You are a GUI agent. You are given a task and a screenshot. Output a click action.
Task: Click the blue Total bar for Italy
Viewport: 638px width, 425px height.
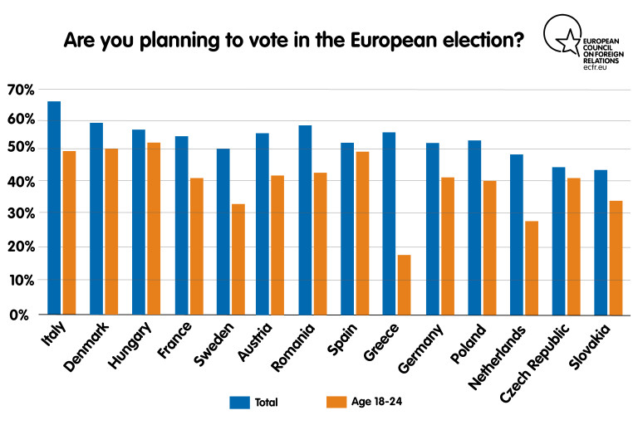tap(54, 208)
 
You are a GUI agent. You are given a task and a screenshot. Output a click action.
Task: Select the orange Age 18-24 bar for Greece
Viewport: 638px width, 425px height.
tap(404, 285)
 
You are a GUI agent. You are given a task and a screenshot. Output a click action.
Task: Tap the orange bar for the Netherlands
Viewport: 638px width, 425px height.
tap(531, 267)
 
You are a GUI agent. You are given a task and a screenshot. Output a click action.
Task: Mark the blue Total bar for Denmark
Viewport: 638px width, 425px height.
tap(96, 218)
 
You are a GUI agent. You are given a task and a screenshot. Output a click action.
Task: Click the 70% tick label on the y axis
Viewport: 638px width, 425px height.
tap(21, 89)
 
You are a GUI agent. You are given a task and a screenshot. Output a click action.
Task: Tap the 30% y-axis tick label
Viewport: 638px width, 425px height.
tap(21, 213)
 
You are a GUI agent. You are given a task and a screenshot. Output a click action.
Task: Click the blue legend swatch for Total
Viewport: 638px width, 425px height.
tap(240, 403)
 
